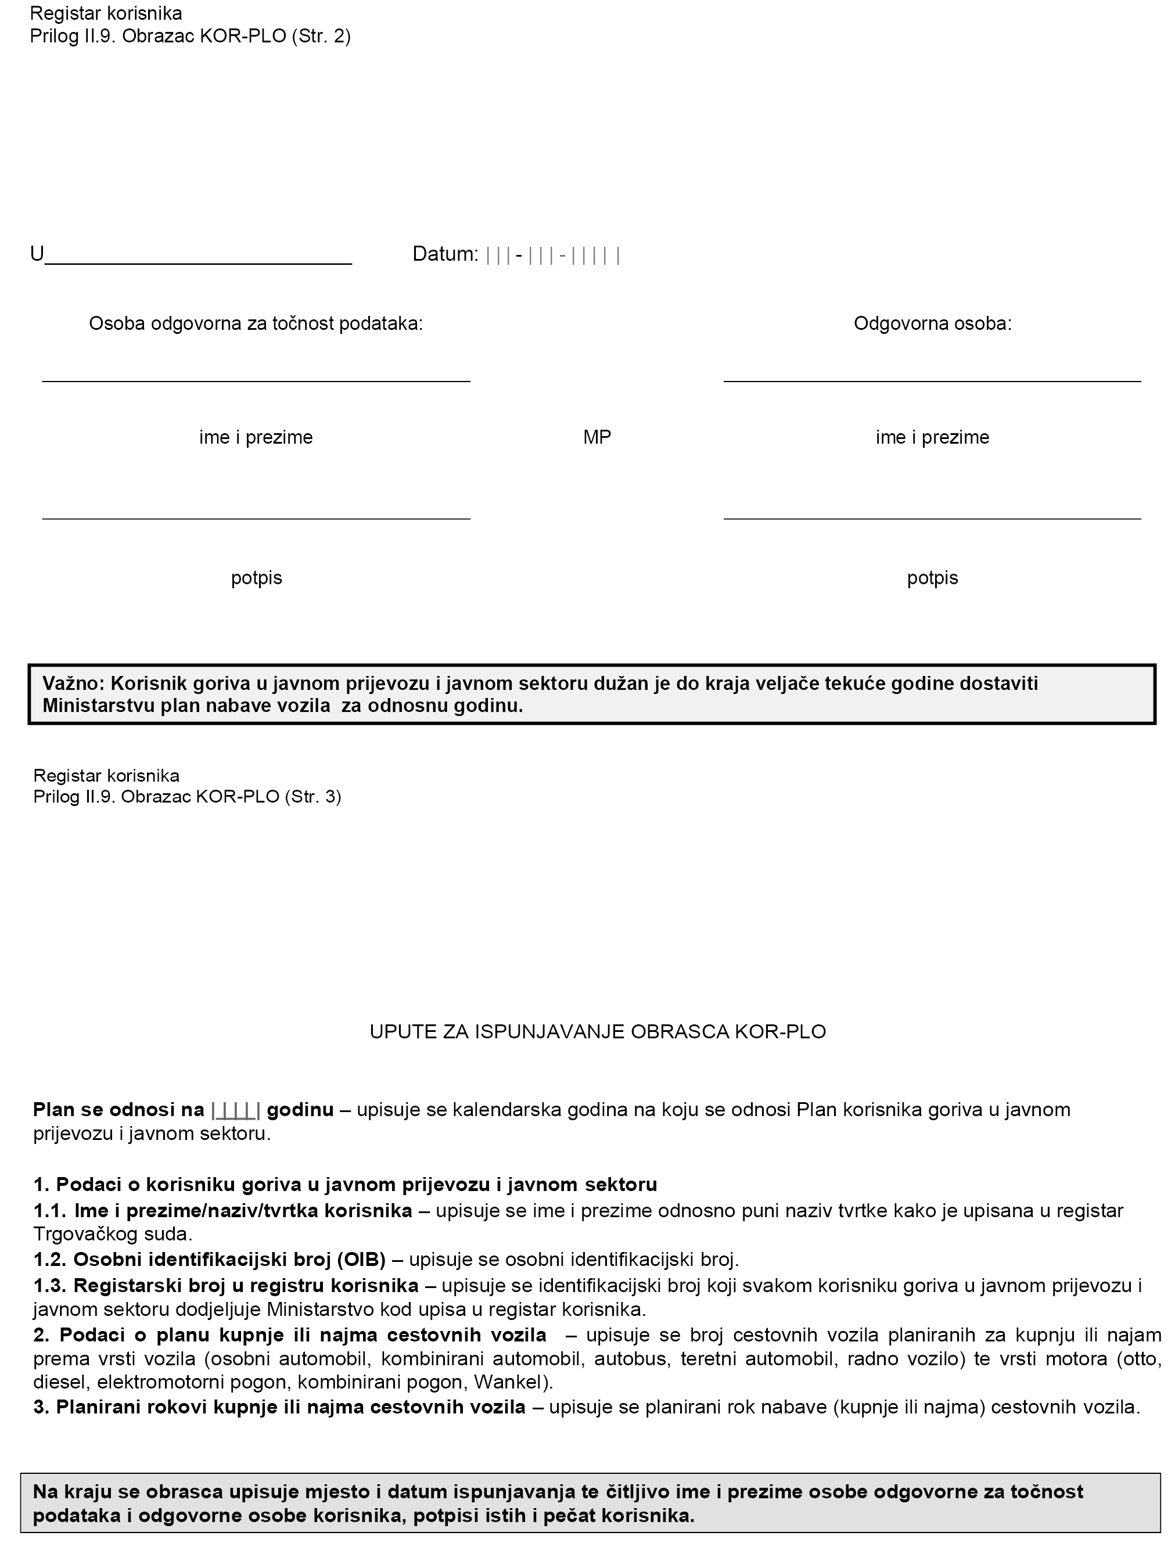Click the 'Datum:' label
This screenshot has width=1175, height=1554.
pyautogui.click(x=445, y=254)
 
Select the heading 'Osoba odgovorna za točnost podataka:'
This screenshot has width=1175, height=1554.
pyautogui.click(x=256, y=324)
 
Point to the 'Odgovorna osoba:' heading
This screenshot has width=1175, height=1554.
pyautogui.click(x=932, y=324)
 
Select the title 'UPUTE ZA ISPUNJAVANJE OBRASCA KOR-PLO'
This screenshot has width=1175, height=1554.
pyautogui.click(x=597, y=1031)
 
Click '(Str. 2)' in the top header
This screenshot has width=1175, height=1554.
pyautogui.click(x=321, y=37)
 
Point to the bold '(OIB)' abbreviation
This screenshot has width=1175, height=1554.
pyautogui.click(x=361, y=1259)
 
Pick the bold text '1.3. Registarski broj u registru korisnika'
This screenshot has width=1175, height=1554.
pyautogui.click(x=225, y=1285)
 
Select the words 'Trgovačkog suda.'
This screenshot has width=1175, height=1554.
pyautogui.click(x=113, y=1233)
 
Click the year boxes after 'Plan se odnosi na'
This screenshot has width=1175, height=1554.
pyautogui.click(x=235, y=1110)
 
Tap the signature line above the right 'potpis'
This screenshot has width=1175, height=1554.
pyautogui.click(x=932, y=519)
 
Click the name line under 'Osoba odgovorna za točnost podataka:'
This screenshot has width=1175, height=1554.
pyautogui.click(x=256, y=381)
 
